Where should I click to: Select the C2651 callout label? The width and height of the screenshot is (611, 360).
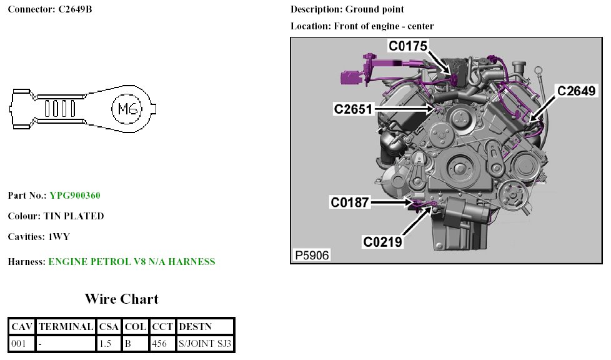click(354, 109)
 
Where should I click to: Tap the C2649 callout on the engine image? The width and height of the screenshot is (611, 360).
click(577, 91)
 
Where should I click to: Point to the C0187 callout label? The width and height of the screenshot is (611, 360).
click(350, 202)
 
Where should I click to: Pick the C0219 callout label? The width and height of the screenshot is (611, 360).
click(383, 241)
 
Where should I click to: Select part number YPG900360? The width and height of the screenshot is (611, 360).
click(75, 196)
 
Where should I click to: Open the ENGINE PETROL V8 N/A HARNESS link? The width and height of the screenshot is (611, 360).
click(132, 262)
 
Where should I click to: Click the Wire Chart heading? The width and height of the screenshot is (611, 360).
click(122, 299)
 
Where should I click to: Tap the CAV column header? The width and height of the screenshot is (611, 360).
click(22, 326)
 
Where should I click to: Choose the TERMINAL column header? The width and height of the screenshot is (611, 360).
click(66, 326)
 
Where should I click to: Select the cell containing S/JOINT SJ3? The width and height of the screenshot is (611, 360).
click(205, 343)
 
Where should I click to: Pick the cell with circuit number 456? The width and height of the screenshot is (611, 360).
click(162, 343)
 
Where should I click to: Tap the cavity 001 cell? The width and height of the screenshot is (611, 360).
click(22, 343)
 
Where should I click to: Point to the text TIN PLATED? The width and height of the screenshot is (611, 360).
click(74, 216)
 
